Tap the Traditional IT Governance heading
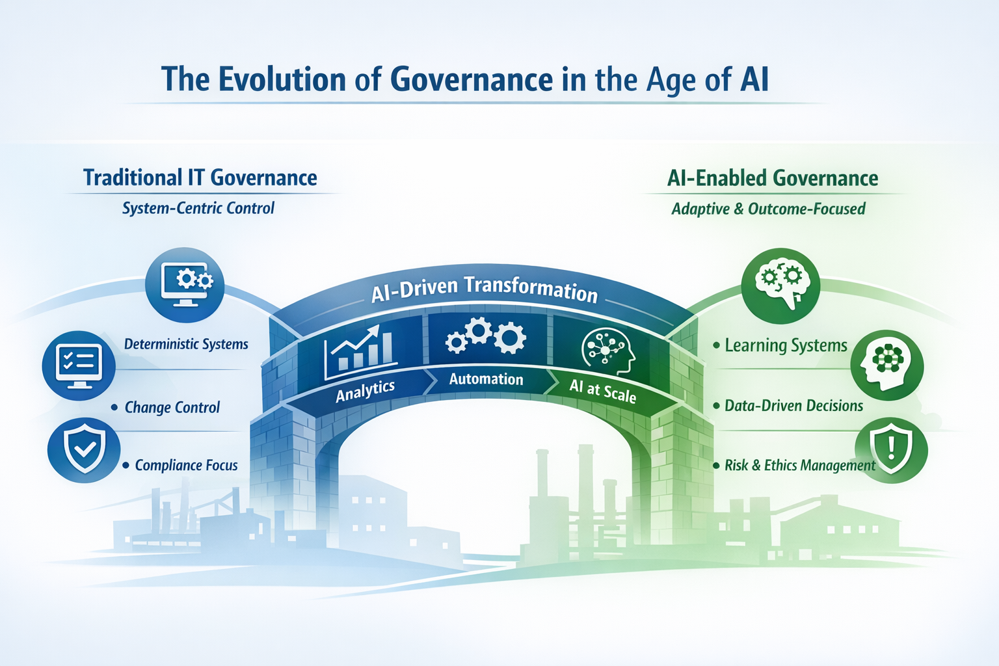[x=200, y=178]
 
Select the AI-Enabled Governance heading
[x=773, y=178]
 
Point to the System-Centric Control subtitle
[x=198, y=208]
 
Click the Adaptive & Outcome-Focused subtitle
[x=768, y=209]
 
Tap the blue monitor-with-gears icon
[x=185, y=285]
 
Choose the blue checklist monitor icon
[x=79, y=366]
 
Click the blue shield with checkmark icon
[x=84, y=449]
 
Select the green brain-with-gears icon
[x=780, y=286]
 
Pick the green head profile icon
[x=887, y=366]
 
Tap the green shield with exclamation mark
[x=892, y=450]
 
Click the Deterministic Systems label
[x=186, y=344]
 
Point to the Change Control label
[x=172, y=407]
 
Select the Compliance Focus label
[x=187, y=465]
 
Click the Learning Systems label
[x=786, y=345]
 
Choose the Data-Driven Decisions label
[x=794, y=405]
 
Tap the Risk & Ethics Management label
[x=800, y=465]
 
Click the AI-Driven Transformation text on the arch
[x=485, y=289]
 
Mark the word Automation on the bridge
[x=486, y=379]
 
